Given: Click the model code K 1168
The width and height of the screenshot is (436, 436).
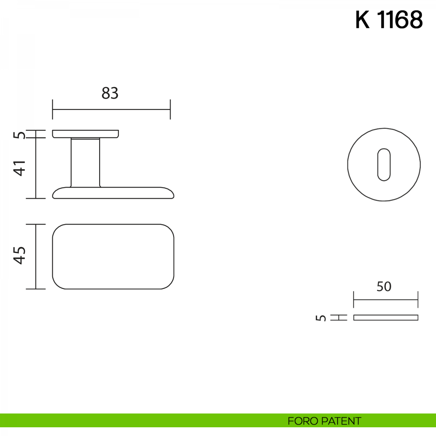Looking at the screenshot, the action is point(389,20).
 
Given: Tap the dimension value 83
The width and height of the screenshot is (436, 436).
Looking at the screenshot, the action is point(110,93).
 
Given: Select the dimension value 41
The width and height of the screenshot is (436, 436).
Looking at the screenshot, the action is point(20,168).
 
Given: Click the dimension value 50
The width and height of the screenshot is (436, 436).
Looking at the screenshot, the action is point(384,286).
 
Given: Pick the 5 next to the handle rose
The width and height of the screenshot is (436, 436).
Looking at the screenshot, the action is point(20,135).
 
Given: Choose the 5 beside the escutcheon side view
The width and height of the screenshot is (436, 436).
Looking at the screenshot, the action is point(320,318).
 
